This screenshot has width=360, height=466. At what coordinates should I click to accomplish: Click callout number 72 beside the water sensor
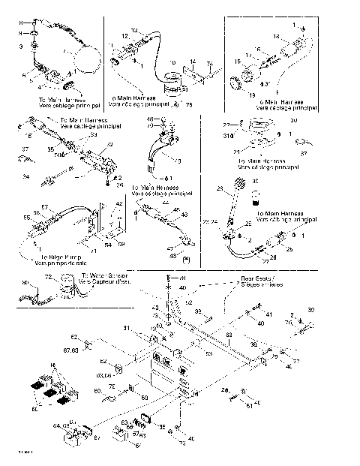50,278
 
